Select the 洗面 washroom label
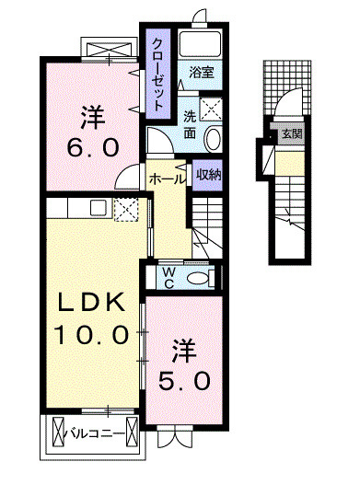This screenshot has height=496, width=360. (189, 126)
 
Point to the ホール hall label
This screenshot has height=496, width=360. (167, 179)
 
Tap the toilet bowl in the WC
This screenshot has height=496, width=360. (199, 278)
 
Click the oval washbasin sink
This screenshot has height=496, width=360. (213, 139)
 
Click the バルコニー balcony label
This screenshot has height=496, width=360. (98, 430)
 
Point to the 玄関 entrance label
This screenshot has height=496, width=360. (290, 134)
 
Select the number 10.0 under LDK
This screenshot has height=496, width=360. (93, 335)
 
